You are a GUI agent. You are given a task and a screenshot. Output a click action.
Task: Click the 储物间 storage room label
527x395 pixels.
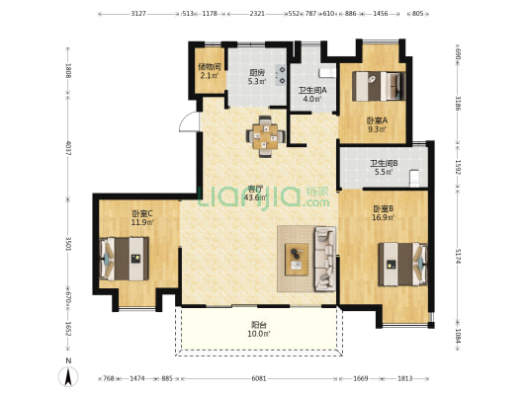208,67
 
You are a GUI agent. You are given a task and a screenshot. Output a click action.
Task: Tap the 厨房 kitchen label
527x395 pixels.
256,72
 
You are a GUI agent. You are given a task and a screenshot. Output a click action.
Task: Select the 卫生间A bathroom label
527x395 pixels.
312,91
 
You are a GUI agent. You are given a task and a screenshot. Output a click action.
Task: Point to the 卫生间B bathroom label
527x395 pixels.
382,164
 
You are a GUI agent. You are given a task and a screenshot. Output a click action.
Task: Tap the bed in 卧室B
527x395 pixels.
403,265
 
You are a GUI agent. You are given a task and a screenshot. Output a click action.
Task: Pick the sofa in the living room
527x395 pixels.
324,258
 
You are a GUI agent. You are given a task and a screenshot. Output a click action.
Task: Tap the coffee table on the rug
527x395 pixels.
297,259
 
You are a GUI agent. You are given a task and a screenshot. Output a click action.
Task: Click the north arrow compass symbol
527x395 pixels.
68,375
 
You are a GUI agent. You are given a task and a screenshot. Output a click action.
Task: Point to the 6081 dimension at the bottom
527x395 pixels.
258,378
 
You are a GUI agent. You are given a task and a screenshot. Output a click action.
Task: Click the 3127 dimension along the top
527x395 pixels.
138,15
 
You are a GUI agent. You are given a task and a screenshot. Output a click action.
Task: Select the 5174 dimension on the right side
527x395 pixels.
458,255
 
